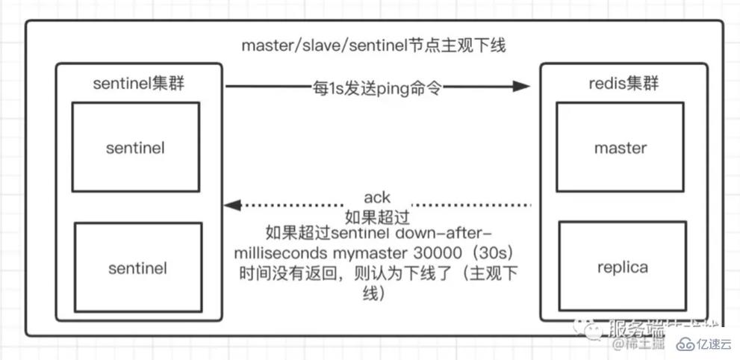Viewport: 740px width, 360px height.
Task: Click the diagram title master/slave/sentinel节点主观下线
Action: (x=373, y=46)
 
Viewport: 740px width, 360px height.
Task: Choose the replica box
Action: (x=620, y=267)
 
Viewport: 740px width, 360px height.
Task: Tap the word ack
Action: (x=377, y=198)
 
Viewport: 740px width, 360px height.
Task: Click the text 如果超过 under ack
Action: (x=377, y=217)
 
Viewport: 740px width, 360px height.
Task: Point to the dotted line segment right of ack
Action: (x=470, y=204)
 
